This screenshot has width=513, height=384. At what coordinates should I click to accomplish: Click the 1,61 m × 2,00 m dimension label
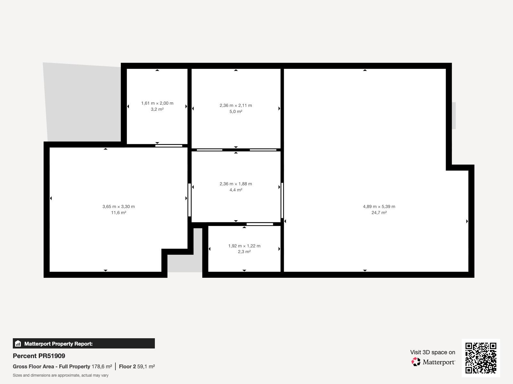157,103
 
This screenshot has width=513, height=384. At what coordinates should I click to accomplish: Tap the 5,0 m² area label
236,111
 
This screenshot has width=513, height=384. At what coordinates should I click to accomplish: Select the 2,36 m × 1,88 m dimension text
236,184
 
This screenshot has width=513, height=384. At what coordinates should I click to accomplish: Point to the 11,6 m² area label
119,212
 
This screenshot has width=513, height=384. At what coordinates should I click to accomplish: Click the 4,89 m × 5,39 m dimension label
379,206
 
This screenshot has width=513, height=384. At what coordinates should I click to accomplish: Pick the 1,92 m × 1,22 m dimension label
244,246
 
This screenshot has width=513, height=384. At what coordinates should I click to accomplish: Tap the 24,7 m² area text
379,212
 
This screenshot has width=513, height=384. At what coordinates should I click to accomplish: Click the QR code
481,358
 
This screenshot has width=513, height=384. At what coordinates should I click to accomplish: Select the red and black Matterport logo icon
416,362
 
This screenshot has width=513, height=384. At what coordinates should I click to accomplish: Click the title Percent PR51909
39,356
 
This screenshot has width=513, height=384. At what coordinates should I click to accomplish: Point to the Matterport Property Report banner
84,343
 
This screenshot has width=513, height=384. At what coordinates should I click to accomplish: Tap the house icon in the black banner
18,343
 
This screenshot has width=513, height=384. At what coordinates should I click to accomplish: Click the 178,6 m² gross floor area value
102,366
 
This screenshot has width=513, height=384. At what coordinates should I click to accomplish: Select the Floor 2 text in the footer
127,366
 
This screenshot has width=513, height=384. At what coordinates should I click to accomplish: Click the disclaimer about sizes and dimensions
61,375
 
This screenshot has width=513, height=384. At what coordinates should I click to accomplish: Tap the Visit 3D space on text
433,352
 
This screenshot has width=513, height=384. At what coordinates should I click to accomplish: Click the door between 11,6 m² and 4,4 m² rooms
189,200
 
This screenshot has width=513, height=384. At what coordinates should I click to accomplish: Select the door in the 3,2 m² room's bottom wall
169,146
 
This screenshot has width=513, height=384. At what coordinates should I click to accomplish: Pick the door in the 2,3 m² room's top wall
260,224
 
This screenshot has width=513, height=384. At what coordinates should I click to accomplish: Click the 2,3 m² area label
244,252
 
